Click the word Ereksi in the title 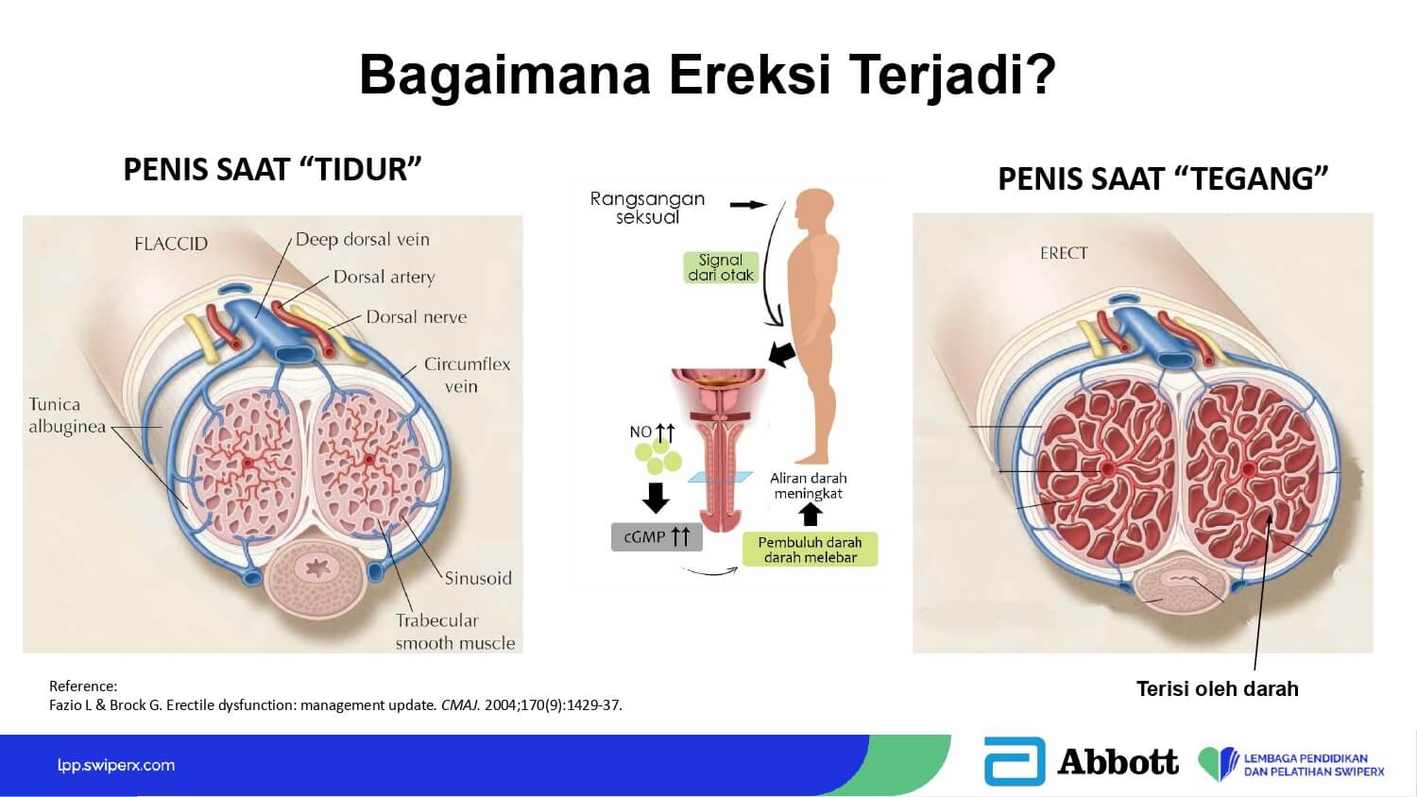[x=750, y=75]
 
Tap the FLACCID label [x=171, y=244]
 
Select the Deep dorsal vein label [x=363, y=240]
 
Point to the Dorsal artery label [x=384, y=277]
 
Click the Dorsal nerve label [x=417, y=317]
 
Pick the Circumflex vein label [x=467, y=375]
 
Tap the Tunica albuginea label [x=67, y=415]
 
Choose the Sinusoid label [x=478, y=578]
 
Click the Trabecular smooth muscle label [x=454, y=632]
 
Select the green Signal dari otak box [x=721, y=267]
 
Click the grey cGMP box [x=657, y=537]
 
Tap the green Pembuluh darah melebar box [x=810, y=550]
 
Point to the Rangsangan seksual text [x=647, y=208]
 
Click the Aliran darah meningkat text [x=808, y=485]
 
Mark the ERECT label [x=1064, y=253]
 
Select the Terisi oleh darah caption [x=1217, y=688]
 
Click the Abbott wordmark [x=1118, y=761]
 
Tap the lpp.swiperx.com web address [x=116, y=766]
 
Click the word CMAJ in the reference [x=460, y=705]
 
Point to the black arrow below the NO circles [x=656, y=498]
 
